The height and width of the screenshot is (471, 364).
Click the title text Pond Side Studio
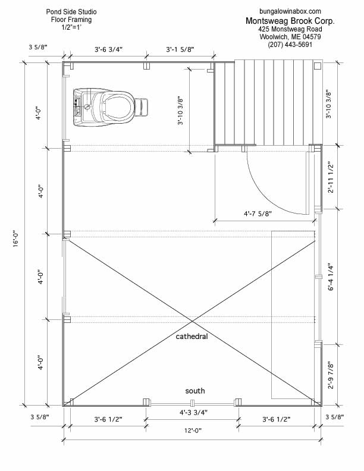[x=71, y=12]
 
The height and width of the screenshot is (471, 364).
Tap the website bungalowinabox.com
[x=290, y=11]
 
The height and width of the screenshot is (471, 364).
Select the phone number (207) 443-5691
[x=290, y=45]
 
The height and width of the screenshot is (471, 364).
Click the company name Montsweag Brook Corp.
[x=290, y=21]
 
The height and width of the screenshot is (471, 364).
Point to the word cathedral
[x=192, y=337]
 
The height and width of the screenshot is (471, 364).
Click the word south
[x=195, y=391]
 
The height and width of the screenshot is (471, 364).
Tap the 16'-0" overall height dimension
[x=16, y=238]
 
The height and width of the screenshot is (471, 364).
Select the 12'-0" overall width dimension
[x=193, y=431]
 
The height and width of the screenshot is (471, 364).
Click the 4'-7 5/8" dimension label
[x=258, y=213]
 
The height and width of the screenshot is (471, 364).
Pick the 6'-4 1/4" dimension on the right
[x=331, y=277]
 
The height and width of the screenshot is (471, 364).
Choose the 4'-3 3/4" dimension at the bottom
[x=193, y=413]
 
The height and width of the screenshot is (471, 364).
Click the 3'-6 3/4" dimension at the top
[x=108, y=49]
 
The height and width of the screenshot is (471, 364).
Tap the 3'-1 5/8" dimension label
[x=180, y=49]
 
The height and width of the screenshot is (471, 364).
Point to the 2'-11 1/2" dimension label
[x=331, y=178]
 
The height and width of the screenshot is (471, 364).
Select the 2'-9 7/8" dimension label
[x=331, y=375]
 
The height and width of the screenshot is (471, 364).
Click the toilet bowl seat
[x=118, y=107]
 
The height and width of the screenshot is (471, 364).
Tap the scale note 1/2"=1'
[x=71, y=27]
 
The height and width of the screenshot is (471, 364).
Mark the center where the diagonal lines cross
[x=193, y=322]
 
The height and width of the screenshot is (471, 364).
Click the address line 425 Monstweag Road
[x=290, y=29]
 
